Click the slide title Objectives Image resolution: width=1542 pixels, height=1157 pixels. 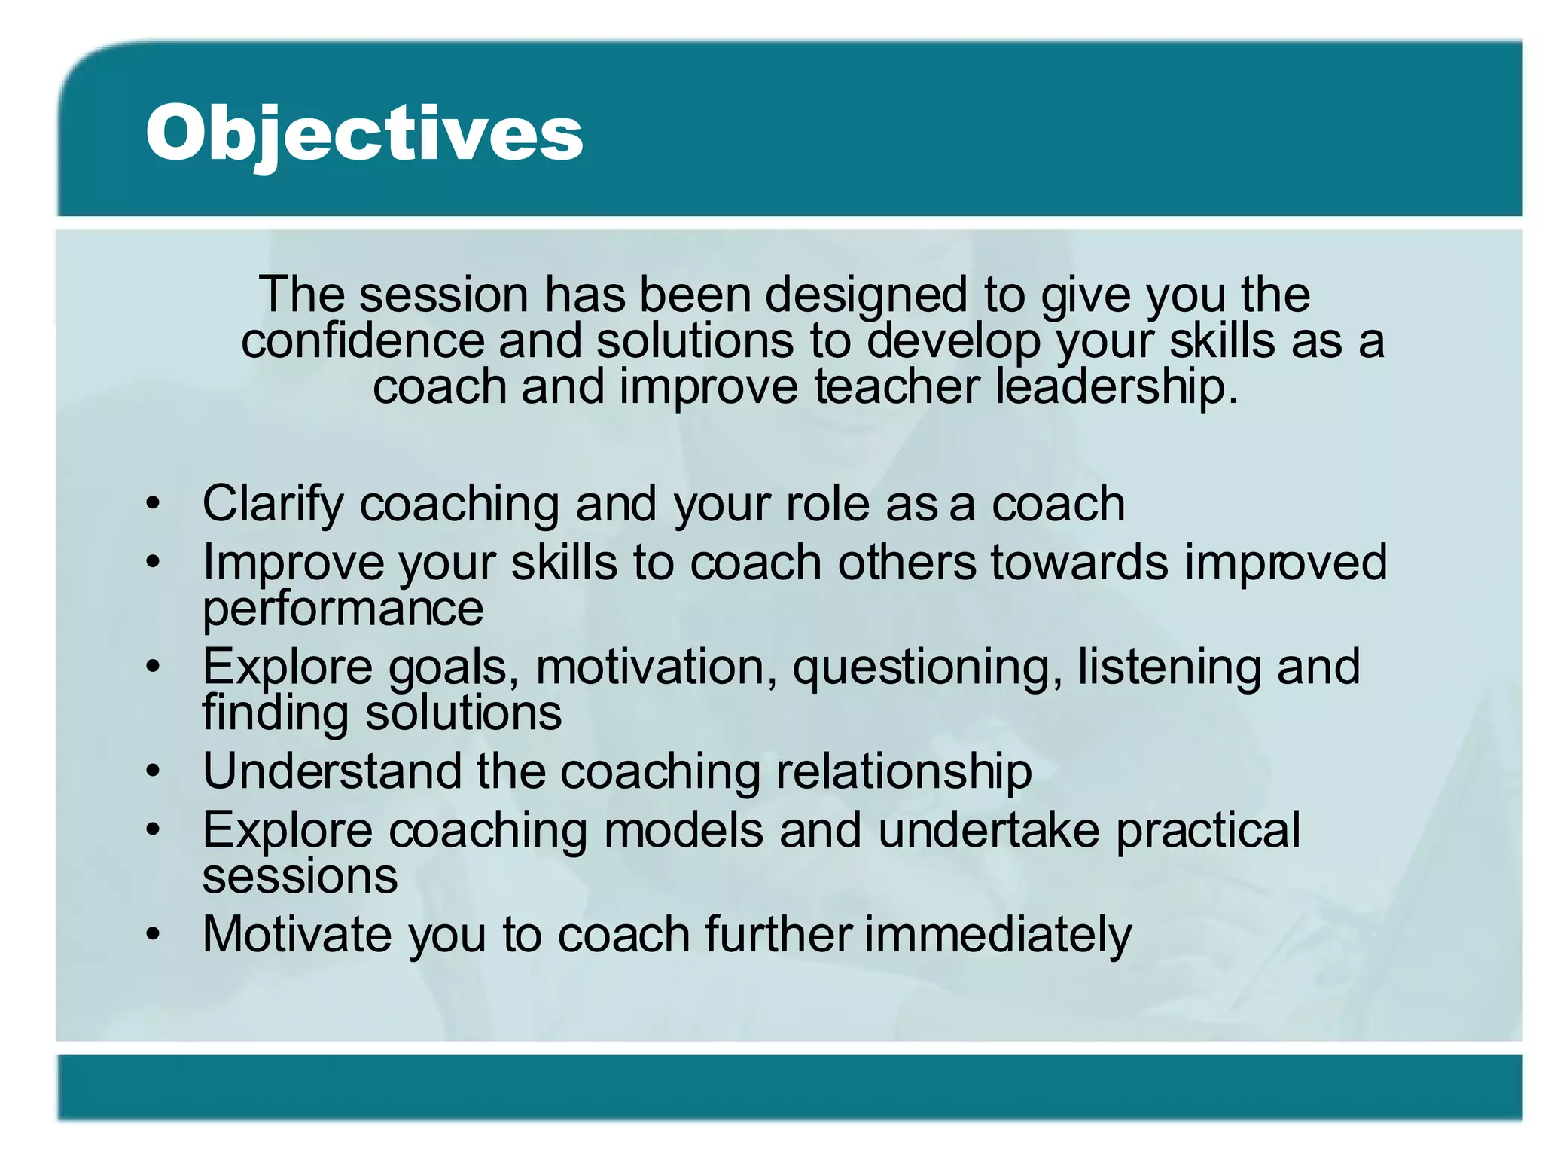click(364, 133)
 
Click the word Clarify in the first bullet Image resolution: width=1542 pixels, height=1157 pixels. click(273, 504)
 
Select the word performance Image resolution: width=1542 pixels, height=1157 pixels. click(343, 609)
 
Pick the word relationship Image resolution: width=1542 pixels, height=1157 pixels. click(904, 771)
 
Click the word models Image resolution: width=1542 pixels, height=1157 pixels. click(683, 830)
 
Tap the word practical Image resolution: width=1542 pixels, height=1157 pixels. click(1208, 830)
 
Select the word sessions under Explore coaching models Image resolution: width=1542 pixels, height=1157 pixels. click(300, 877)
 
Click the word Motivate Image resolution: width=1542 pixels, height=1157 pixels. click(297, 935)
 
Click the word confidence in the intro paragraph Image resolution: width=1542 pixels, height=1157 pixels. click(363, 340)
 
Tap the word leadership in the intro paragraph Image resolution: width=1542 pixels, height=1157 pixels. click(1117, 386)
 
